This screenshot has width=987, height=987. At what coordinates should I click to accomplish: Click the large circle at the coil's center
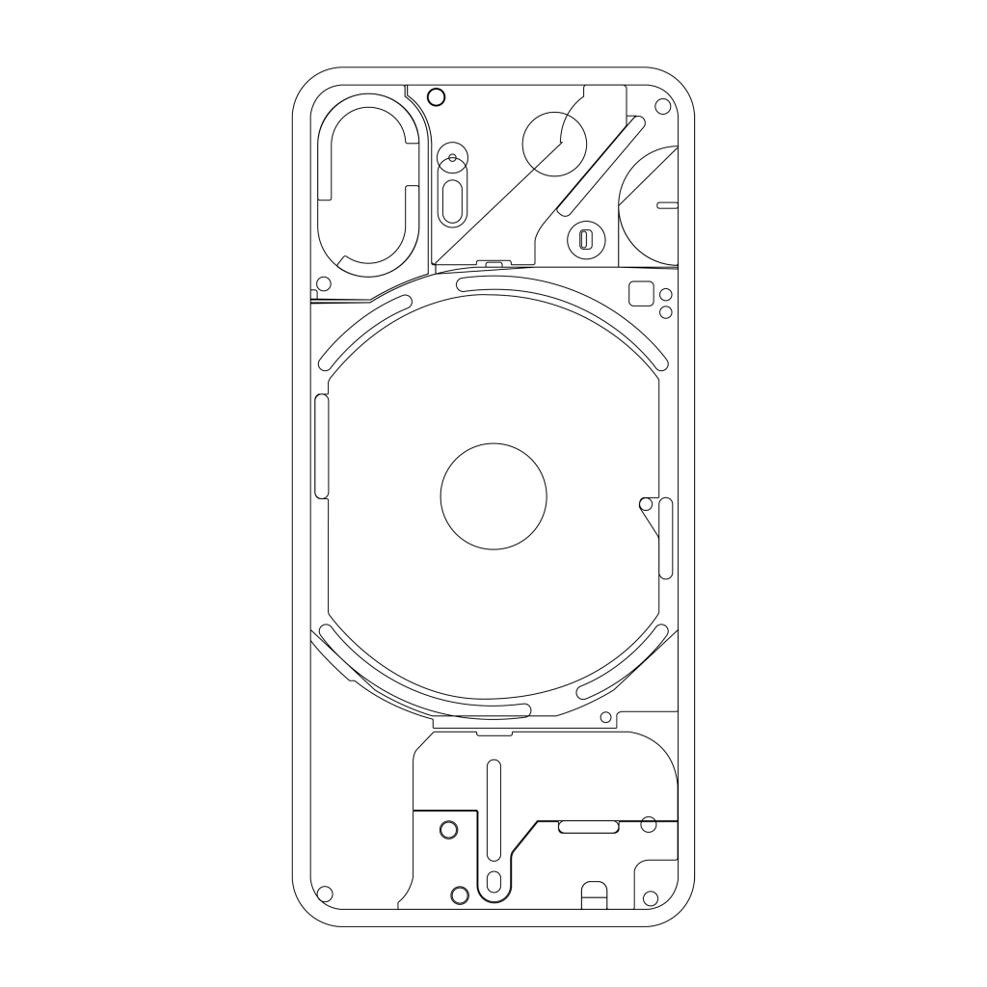[493, 496]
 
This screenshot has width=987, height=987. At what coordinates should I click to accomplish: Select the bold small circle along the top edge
[436, 96]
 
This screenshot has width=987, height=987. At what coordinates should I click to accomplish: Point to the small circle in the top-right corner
[661, 107]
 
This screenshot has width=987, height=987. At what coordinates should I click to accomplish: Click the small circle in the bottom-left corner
[325, 893]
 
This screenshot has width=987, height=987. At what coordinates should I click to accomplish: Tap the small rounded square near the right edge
[639, 292]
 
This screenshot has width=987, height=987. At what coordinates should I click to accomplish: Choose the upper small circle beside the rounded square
[665, 295]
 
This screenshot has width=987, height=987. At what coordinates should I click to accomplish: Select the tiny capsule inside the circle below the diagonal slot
[584, 240]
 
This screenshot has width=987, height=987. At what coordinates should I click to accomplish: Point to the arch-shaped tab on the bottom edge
[595, 895]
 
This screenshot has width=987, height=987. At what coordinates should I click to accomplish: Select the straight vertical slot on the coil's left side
[322, 447]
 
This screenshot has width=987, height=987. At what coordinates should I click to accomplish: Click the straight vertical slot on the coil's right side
[665, 540]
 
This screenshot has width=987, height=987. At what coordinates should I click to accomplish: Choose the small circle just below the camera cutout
[324, 284]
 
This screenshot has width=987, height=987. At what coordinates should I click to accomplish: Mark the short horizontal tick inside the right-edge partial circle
[666, 204]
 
